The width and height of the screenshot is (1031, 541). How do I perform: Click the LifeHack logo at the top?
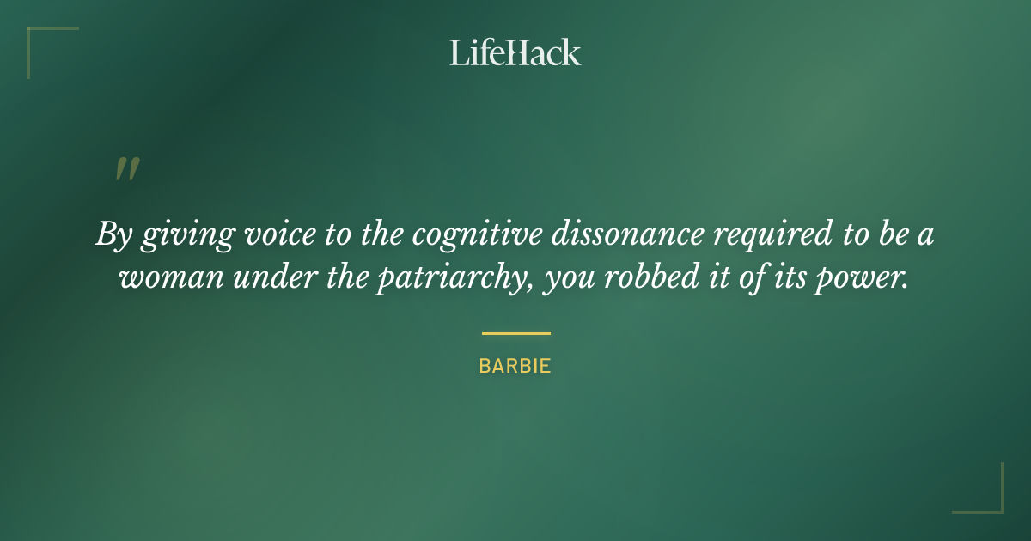pos(515,52)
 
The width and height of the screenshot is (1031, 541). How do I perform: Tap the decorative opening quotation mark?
pos(126,169)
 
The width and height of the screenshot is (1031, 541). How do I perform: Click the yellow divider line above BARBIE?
pos(515,333)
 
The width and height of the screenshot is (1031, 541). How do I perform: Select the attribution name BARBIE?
pos(515,366)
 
